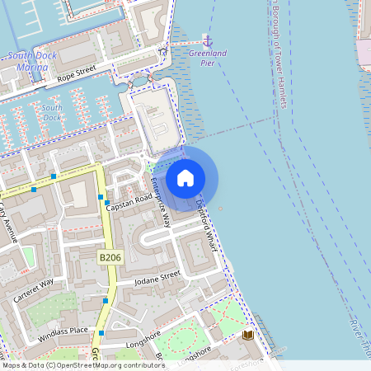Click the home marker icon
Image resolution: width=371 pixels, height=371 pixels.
click(185, 177)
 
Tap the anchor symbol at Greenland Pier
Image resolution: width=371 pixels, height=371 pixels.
click(207, 40)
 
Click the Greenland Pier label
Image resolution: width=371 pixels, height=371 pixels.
click(207, 54)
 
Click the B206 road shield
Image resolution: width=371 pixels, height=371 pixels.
click(110, 258)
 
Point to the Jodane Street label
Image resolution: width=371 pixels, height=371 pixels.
click(158, 276)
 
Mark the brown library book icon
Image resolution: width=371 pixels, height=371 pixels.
click(247, 336)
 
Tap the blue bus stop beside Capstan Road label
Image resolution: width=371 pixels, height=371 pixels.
click(107, 201)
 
